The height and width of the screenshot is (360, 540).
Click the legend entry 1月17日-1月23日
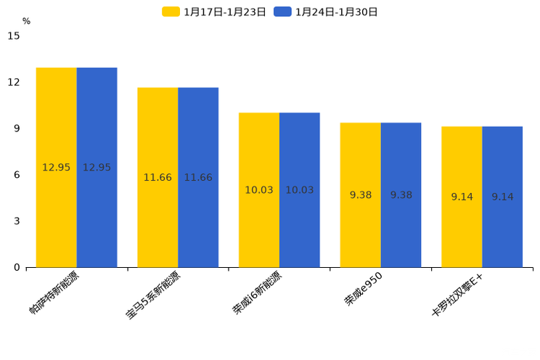pyautogui.click(x=214, y=12)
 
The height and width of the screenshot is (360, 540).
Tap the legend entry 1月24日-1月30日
pyautogui.click(x=326, y=12)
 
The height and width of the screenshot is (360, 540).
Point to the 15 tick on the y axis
pyautogui.click(x=14, y=36)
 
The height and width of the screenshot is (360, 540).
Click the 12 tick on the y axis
pyautogui.click(x=14, y=82)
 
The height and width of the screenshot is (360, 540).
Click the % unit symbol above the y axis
pyautogui.click(x=26, y=21)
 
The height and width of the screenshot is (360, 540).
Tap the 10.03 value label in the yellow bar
pyautogui.click(x=259, y=190)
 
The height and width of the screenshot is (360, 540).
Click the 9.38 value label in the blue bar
pyautogui.click(x=401, y=195)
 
